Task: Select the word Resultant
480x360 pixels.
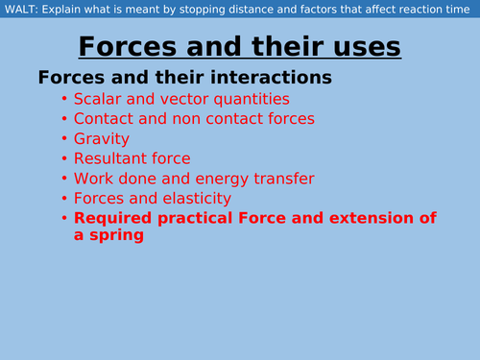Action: point(115,158)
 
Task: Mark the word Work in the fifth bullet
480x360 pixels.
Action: point(95,179)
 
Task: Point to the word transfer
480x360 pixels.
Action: point(287,179)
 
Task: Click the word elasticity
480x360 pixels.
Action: point(197,199)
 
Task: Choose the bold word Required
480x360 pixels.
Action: point(113,219)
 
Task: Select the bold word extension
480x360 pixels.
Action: point(368,219)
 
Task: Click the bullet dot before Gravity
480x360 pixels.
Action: point(64,139)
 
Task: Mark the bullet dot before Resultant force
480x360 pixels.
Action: point(64,159)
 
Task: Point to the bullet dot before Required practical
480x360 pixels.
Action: point(64,219)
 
